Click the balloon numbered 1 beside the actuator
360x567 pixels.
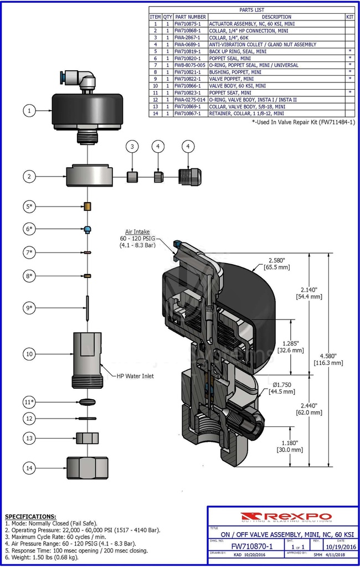pyautogui.click(x=30, y=111)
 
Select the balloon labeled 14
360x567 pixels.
pyautogui.click(x=30, y=468)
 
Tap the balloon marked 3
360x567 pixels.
pyautogui.click(x=132, y=147)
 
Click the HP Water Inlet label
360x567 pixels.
pyautogui.click(x=135, y=376)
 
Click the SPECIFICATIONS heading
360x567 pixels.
pyautogui.click(x=30, y=516)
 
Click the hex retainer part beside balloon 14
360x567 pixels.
pyautogui.click(x=87, y=468)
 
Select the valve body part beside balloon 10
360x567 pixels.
pyautogui.click(x=87, y=359)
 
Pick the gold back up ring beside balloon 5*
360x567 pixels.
pyautogui.click(x=88, y=207)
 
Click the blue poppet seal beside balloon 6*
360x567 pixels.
pyautogui.click(x=88, y=229)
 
